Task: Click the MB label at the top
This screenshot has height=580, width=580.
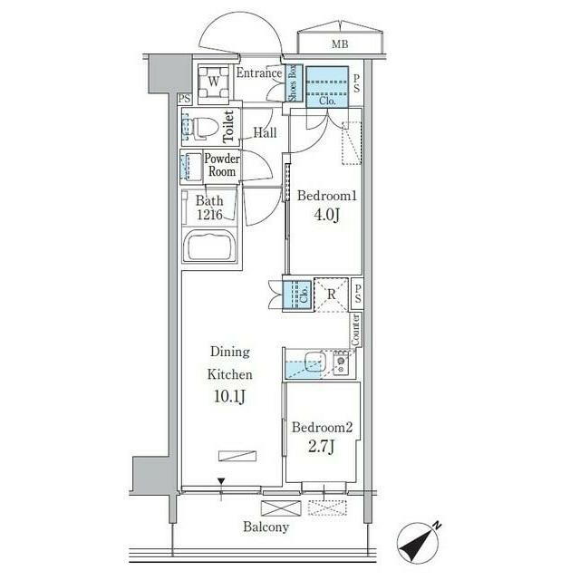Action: (x=340, y=44)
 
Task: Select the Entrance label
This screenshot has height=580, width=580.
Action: (x=259, y=73)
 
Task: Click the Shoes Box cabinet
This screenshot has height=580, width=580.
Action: (x=294, y=83)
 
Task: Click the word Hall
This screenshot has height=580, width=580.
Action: (x=265, y=132)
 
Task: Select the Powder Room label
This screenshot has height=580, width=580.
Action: (x=221, y=165)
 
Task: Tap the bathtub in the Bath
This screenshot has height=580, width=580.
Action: (x=210, y=246)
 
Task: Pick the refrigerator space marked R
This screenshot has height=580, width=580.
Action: (x=332, y=295)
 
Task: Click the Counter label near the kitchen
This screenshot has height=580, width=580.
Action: (x=355, y=330)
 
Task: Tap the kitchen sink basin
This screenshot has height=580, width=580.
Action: (x=315, y=362)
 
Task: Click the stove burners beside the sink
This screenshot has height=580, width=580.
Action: (x=341, y=362)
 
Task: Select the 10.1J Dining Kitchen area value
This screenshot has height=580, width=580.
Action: (x=229, y=396)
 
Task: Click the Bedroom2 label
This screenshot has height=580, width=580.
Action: (x=323, y=427)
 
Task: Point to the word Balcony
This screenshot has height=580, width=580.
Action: (x=266, y=527)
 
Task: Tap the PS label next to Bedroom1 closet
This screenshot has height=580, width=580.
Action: (x=356, y=83)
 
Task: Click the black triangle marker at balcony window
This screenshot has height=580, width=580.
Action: (x=221, y=481)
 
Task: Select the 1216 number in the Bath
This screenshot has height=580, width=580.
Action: (x=209, y=215)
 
